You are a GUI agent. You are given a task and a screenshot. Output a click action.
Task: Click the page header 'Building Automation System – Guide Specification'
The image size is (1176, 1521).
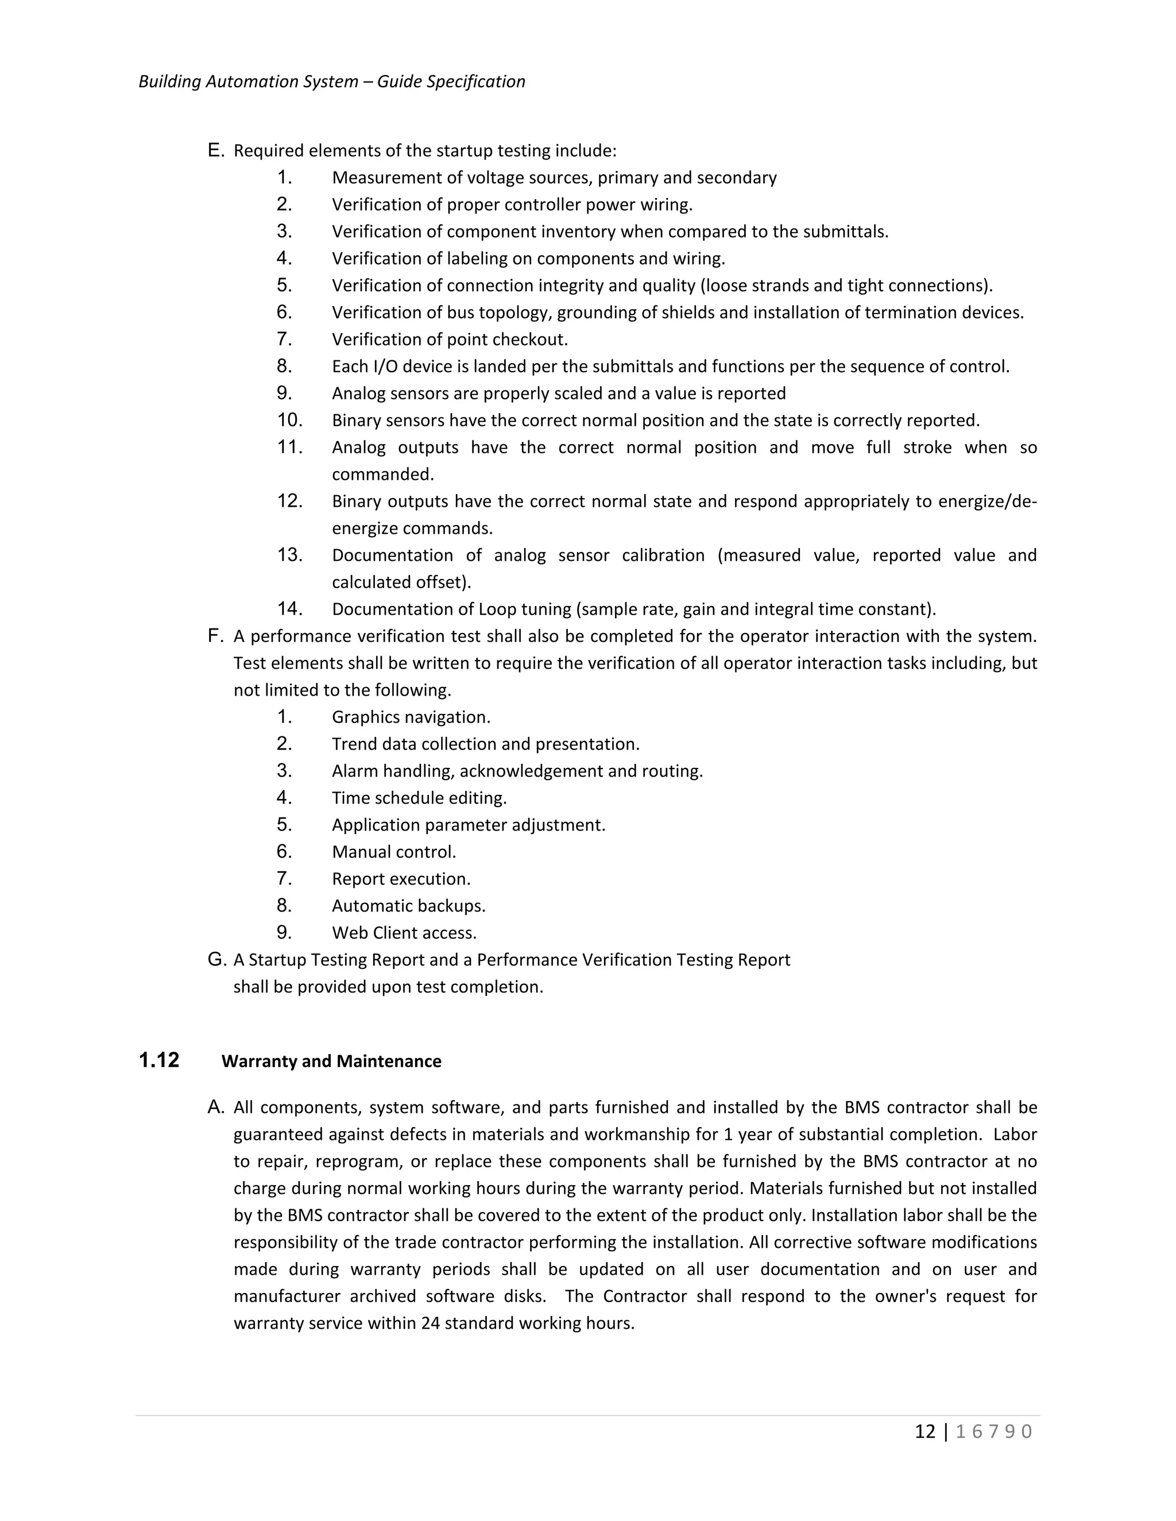point(332,82)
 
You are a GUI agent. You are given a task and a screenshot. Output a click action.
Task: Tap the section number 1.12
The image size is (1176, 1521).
point(159,1061)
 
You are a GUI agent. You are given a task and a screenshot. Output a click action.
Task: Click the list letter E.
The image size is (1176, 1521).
point(215,150)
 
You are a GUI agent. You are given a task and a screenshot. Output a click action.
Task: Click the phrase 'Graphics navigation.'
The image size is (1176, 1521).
point(411,717)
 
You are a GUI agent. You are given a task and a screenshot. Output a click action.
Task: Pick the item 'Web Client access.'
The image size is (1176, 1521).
point(404,933)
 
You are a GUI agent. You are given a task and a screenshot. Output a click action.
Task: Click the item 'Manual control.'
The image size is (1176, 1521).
point(393,852)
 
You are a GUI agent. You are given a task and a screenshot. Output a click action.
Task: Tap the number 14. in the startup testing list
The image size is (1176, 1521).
point(289,610)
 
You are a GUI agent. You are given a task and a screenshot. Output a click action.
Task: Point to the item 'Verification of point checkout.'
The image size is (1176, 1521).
point(450,340)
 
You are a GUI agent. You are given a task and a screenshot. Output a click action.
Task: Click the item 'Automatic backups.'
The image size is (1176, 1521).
point(408,906)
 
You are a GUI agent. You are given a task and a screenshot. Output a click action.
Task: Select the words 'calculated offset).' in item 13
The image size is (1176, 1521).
point(401,582)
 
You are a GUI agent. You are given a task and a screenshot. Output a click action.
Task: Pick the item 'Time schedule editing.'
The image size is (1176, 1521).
point(419,798)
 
